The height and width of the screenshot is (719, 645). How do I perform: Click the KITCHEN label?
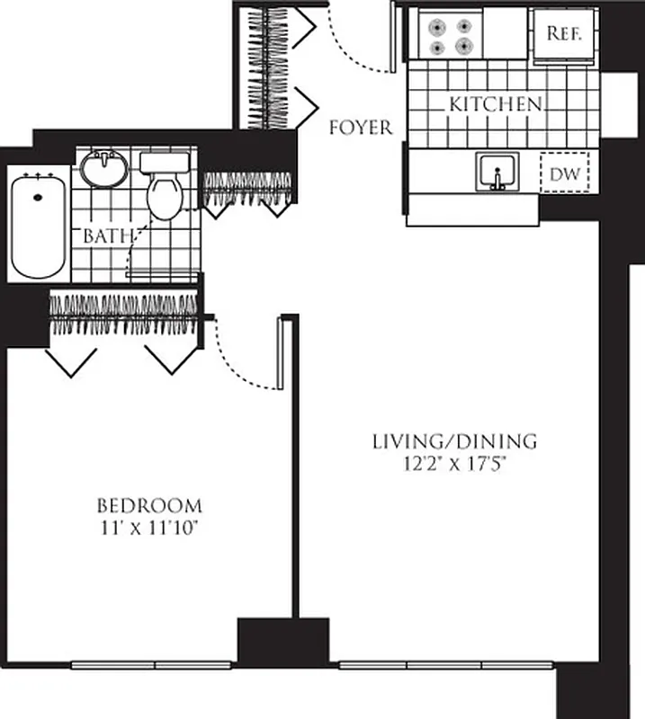(496, 105)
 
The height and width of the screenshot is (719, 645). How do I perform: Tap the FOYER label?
(361, 128)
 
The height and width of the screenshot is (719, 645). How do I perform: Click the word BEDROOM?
(149, 505)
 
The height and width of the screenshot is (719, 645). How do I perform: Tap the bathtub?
(38, 225)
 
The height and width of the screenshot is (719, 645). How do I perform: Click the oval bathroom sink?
(105, 168)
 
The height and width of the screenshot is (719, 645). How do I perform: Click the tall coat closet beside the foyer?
(267, 67)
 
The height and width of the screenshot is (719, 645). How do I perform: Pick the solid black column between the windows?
(282, 642)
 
